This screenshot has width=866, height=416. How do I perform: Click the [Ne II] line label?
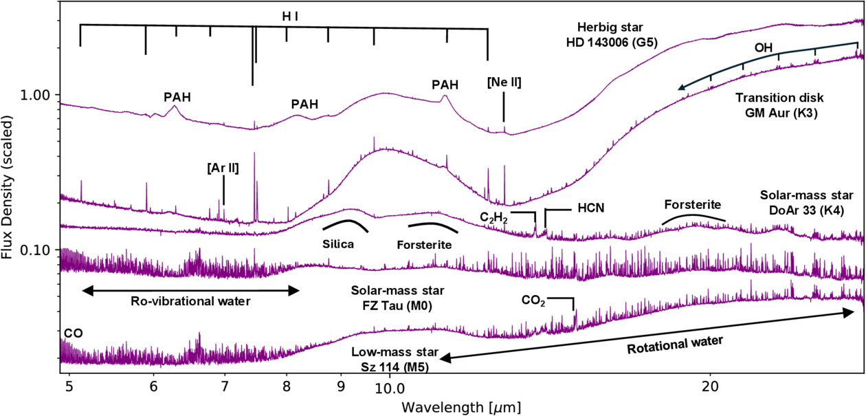coord(503,83)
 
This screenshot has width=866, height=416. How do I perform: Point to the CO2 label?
coord(533,300)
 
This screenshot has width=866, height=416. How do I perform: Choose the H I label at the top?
coord(289,15)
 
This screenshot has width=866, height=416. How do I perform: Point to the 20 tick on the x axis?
coord(710,387)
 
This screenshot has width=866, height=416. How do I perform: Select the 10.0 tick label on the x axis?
coord(389,387)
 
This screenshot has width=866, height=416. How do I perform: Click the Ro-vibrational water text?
coord(190,300)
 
